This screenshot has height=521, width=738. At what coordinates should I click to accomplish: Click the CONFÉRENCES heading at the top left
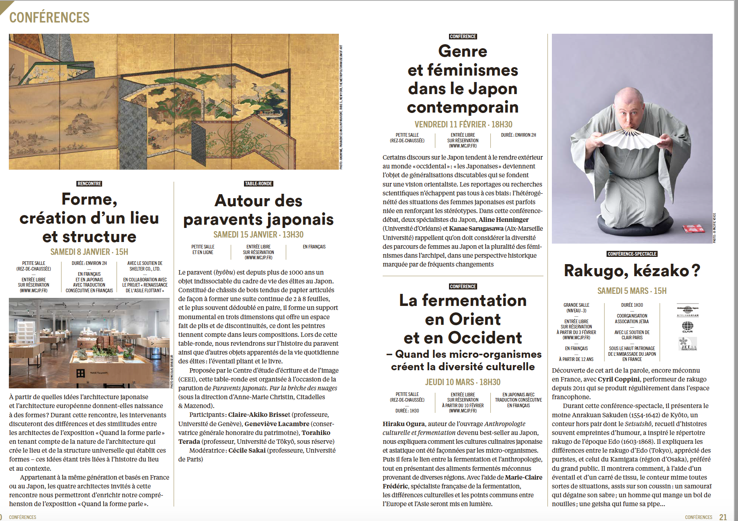49,18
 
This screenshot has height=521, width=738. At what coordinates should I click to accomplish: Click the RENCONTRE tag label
89,184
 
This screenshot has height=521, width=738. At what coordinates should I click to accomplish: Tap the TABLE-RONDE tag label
258,184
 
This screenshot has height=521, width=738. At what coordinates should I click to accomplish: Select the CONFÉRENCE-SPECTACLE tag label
632,254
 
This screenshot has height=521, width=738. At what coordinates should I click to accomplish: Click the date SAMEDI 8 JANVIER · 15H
89,252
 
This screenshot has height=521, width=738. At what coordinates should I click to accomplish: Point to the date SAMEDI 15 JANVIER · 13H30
258,235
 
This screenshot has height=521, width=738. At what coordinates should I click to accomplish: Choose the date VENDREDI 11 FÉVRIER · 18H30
463,125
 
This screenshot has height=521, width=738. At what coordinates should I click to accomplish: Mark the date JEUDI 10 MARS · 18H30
463,382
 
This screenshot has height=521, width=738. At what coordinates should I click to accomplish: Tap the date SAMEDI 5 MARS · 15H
632,291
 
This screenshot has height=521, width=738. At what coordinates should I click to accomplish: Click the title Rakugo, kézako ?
632,271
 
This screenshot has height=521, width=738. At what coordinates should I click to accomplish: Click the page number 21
723,517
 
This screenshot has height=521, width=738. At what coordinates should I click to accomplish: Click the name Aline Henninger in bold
503,220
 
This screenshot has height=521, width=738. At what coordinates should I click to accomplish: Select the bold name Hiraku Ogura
404,424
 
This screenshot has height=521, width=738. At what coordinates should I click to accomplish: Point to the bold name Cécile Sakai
247,450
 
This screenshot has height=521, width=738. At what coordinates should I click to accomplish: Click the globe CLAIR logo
688,327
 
